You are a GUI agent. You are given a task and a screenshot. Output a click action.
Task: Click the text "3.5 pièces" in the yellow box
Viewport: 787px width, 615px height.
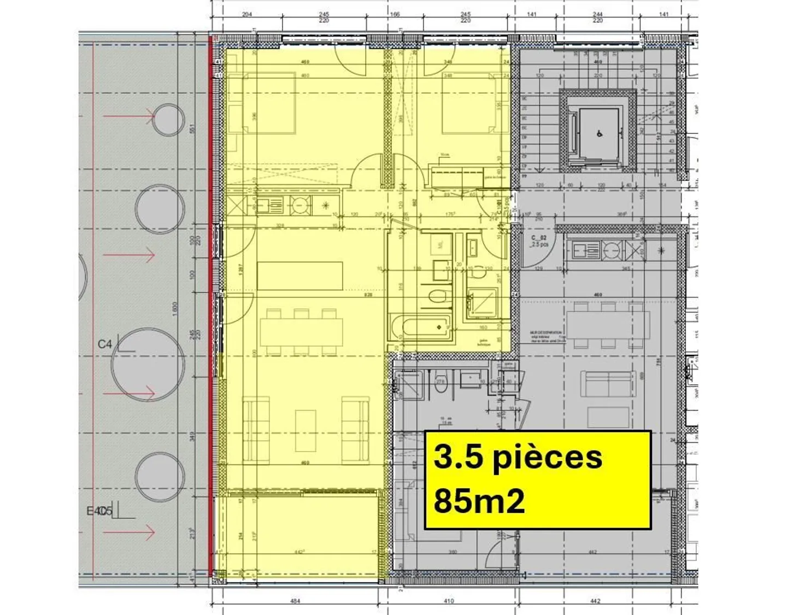pyautogui.click(x=518, y=458)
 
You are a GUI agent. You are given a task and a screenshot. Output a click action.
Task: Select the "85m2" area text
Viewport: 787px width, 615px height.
pyautogui.click(x=479, y=501)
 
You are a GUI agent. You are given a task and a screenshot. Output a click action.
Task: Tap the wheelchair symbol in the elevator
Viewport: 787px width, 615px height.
pyautogui.click(x=600, y=133)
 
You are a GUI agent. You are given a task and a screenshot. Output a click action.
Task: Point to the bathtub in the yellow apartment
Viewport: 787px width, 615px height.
pyautogui.click(x=420, y=327)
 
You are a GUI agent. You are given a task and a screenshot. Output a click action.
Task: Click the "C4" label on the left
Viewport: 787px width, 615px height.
pyautogui.click(x=105, y=344)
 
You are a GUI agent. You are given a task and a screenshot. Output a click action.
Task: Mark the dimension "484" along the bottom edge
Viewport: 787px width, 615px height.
pyautogui.click(x=295, y=601)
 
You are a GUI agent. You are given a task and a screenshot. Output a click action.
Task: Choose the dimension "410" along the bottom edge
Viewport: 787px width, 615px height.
pyautogui.click(x=448, y=601)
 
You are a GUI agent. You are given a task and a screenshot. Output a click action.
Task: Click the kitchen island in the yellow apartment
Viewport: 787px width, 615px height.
pyautogui.click(x=300, y=276)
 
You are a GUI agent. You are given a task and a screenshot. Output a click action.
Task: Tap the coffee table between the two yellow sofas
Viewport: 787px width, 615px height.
pyautogui.click(x=306, y=430)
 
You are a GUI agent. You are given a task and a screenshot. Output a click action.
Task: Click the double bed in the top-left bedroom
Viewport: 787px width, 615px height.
pyautogui.click(x=268, y=104)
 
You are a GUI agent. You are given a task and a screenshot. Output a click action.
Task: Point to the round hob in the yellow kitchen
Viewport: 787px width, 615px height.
pyautogui.click(x=299, y=205)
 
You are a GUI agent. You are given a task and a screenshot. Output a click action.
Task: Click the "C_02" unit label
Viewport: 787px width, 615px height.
pyautogui.click(x=539, y=238)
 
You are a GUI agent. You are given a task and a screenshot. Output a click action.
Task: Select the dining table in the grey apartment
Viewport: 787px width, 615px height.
pyautogui.click(x=608, y=325)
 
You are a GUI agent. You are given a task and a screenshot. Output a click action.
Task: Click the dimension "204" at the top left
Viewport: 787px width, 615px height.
pyautogui.click(x=247, y=15)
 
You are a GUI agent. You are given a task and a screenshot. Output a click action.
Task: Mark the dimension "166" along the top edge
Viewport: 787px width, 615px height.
pyautogui.click(x=395, y=15)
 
